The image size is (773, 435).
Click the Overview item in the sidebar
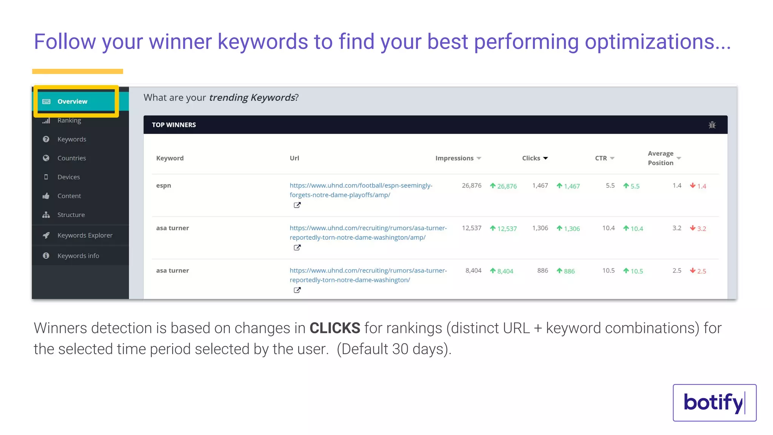[x=72, y=101]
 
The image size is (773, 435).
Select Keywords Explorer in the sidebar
[x=85, y=235]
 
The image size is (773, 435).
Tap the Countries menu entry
[x=71, y=158]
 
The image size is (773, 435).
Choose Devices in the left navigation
[x=68, y=177]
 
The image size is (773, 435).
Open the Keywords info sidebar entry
[x=78, y=256]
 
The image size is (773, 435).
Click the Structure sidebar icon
[x=46, y=215]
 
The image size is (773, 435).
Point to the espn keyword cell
[x=163, y=185]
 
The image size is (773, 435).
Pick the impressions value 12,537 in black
[x=471, y=228]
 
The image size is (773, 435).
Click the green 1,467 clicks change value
[x=571, y=186]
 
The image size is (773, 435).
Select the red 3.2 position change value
[x=701, y=228]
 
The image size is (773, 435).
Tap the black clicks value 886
[x=542, y=271]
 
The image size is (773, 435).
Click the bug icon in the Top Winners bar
[x=712, y=125]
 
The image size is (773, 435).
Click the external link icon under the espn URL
[x=297, y=205]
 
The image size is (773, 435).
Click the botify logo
[x=714, y=403]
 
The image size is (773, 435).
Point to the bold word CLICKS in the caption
[x=335, y=328]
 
